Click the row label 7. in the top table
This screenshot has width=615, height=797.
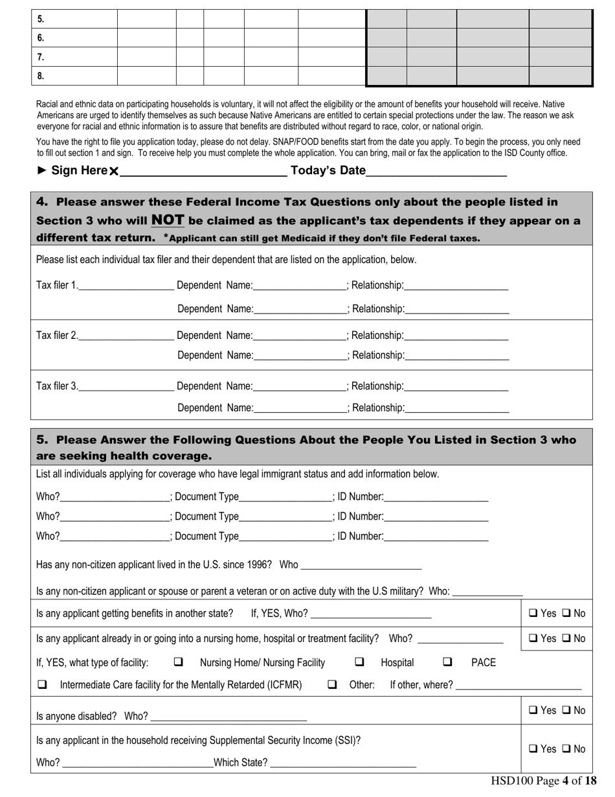[40, 57]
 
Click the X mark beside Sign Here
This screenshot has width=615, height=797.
[114, 172]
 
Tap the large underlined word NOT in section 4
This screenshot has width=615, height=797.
[168, 220]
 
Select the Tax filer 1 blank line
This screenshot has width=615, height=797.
[126, 286]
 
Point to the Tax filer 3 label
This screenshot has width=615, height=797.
[57, 386]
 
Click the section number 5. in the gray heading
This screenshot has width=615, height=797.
[42, 440]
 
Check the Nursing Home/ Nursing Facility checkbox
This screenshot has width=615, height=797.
[178, 662]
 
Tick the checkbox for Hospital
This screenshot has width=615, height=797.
[359, 662]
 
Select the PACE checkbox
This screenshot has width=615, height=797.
[447, 662]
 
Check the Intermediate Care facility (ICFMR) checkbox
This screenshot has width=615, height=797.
[43, 684]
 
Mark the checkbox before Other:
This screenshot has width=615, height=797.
[332, 684]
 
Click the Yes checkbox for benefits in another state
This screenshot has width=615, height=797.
[533, 613]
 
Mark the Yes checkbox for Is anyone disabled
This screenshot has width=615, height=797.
[533, 710]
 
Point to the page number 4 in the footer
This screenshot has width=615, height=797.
[565, 781]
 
